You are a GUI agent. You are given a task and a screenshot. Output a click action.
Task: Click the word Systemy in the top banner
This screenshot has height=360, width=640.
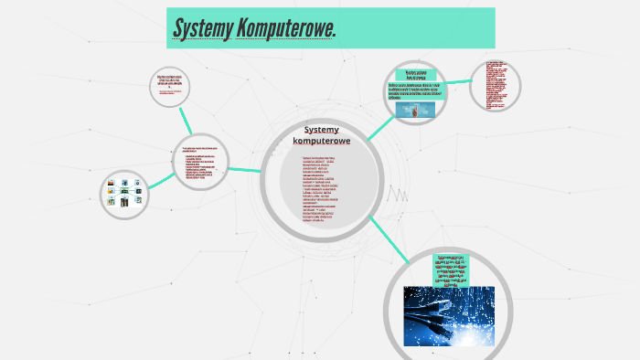coord(202,30)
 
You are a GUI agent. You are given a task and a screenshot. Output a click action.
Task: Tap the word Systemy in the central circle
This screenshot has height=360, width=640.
coord(321,130)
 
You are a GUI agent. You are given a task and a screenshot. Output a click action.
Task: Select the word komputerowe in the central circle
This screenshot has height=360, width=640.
coord(321,141)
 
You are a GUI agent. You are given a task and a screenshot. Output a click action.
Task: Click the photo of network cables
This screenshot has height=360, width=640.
coord(449,316)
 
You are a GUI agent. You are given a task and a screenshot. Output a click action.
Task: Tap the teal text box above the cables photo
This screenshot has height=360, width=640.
coord(451,270)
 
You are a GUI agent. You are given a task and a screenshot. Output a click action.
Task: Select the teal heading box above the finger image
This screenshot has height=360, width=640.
coord(417,74)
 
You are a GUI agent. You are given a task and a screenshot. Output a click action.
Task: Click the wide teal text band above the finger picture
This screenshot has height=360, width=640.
coord(417,91)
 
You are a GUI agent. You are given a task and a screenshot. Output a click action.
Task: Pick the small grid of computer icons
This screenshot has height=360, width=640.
coord(124,193)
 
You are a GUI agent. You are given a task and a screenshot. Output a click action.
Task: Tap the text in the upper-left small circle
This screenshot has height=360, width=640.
coord(170,83)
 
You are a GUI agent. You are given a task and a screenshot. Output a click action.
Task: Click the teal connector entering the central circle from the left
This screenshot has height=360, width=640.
coord(244,169)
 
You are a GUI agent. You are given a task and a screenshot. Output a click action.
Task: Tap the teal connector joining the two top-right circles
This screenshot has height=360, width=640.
coord(458,82)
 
